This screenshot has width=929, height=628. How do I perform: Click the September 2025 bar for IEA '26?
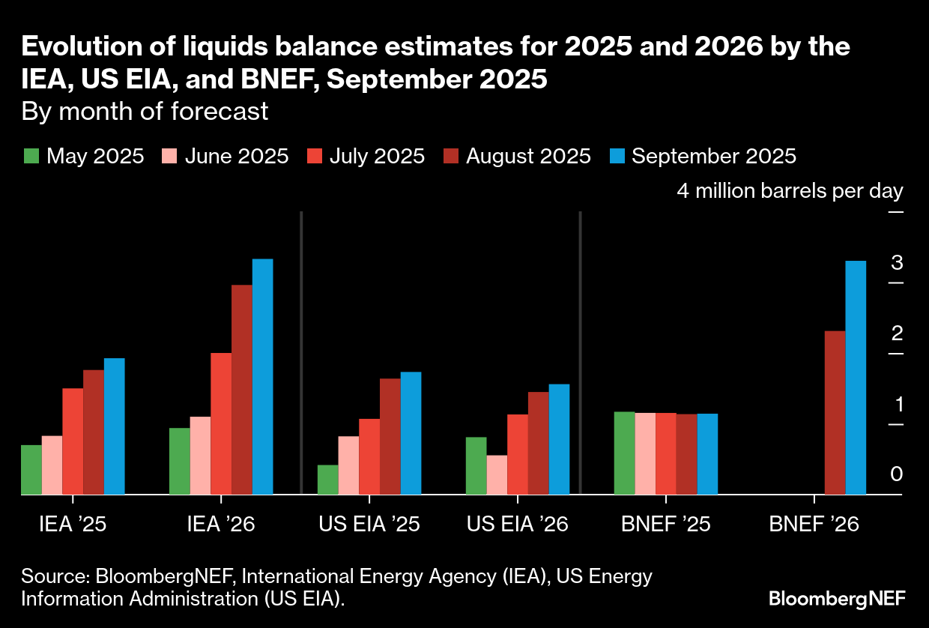pos(262,376)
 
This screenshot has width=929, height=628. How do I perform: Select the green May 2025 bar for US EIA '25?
pos(328,480)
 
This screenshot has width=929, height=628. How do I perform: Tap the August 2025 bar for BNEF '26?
pos(835,412)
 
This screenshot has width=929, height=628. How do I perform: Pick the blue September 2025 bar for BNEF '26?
pos(856,378)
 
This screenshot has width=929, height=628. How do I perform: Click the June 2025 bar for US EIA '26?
pos(497,474)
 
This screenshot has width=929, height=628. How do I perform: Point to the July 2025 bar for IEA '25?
pos(73,441)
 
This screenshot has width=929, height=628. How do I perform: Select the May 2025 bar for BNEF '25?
pos(624,453)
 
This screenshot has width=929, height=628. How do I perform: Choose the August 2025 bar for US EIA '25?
pos(390,436)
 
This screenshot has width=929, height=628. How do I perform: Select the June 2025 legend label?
pos(236,157)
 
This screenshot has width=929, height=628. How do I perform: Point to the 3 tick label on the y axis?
pos(897,263)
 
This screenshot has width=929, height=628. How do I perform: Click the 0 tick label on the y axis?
pos(897,474)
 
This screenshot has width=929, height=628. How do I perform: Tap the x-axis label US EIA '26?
pos(518,524)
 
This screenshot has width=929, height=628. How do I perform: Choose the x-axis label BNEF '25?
pos(666,524)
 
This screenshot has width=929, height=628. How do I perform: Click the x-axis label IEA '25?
pos(73,524)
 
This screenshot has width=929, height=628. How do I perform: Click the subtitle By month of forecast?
pos(145,112)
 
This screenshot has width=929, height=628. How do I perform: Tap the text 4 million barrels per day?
pos(790,191)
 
